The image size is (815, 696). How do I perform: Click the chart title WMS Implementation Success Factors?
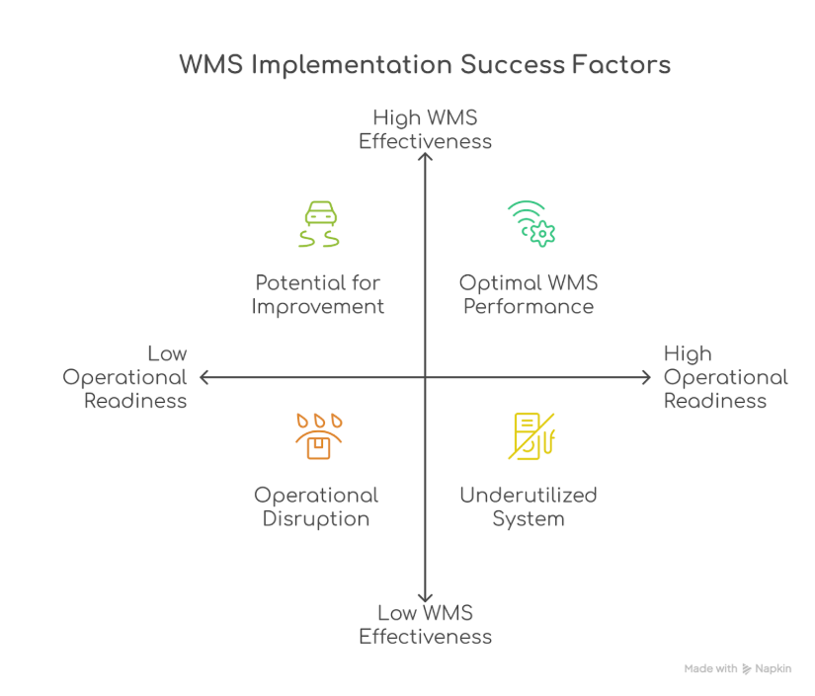pos(425,65)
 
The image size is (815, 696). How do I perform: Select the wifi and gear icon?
pos(531,224)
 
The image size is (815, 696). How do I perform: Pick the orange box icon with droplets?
pos(319,436)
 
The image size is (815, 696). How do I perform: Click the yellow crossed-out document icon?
pos(531,436)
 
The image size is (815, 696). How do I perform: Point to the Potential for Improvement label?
pos(318,294)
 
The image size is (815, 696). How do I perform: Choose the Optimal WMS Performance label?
pos(529,294)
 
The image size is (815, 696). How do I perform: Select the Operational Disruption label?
pos(316,506)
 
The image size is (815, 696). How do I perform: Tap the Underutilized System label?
pos(529,506)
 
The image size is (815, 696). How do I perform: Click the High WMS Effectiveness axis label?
pos(425,129)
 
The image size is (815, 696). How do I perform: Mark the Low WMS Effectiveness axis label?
pos(425,624)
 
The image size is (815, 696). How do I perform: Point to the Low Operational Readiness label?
pos(124,377)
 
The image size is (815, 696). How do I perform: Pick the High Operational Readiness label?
pos(726,377)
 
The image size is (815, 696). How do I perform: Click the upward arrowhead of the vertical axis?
pos(425,155)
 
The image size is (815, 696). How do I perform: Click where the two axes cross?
pos(425,377)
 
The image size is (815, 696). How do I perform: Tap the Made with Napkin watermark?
pos(738,668)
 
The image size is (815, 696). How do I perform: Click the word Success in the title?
pos(512,65)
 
